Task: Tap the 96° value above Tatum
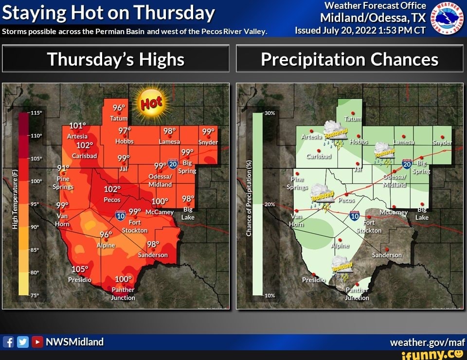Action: (119, 108)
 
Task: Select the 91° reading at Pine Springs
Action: (64, 169)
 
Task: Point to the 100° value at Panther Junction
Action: (123, 279)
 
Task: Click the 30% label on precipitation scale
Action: (270, 113)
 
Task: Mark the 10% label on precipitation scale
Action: (270, 295)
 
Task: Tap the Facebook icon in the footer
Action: (8, 342)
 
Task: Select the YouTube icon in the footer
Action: (37, 342)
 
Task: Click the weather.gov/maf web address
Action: (428, 342)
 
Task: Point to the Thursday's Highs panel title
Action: (116, 59)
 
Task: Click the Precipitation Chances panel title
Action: (349, 59)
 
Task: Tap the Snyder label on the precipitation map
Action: (442, 143)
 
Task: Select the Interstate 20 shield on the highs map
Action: (173, 163)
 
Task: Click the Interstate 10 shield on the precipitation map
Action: (355, 216)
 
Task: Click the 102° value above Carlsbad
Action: (84, 145)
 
